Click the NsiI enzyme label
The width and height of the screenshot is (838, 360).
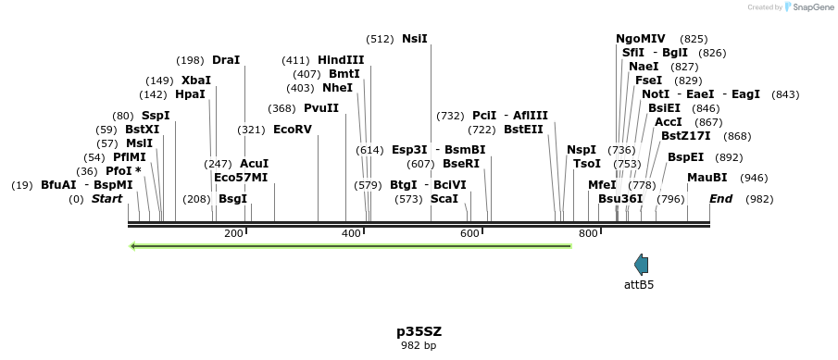point(414,39)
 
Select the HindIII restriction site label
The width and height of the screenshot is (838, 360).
point(341,60)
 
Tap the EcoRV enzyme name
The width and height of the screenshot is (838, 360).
point(293,130)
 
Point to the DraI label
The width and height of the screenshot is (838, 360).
point(226,60)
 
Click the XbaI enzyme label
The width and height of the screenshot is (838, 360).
point(196,81)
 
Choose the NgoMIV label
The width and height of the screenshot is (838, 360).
point(641,39)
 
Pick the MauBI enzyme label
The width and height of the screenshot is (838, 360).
point(707,178)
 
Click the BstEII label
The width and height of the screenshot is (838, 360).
point(523,130)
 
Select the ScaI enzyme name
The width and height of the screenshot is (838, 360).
point(444,198)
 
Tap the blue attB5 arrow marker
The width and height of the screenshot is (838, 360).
point(641,264)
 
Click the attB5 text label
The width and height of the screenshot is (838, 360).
point(639,285)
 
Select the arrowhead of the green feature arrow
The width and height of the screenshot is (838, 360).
point(135,246)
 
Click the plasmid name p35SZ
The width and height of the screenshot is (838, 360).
point(418,330)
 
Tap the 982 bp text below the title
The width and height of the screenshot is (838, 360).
point(418,345)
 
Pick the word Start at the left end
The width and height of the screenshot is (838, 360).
point(106,198)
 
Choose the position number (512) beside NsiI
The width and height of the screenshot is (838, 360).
point(380,39)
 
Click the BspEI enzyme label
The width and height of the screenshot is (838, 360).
point(685,157)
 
